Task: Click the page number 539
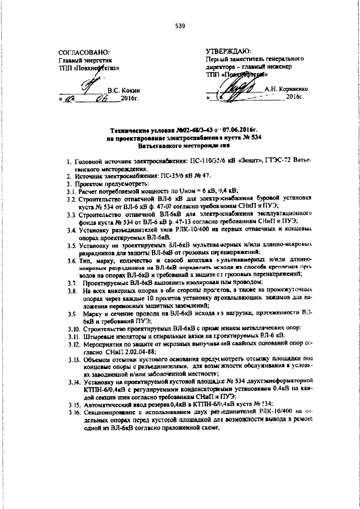180,26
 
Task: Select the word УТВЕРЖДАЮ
232,51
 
